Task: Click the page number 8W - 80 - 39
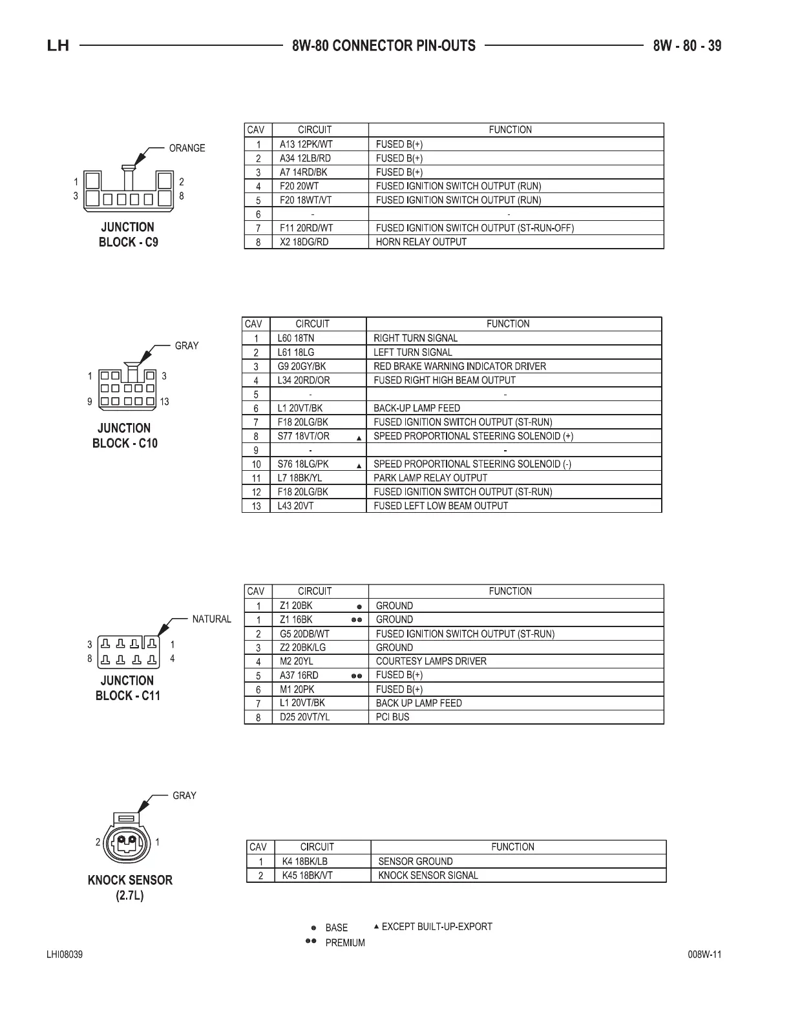687,46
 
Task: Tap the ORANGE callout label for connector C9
187,148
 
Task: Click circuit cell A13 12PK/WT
306,145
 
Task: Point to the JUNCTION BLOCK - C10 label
125,435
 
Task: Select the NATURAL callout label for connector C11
211,619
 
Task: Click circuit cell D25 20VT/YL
304,717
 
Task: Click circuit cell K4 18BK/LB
305,862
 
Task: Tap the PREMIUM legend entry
344,943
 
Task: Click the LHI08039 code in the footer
64,955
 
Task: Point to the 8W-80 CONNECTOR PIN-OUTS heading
384,46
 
